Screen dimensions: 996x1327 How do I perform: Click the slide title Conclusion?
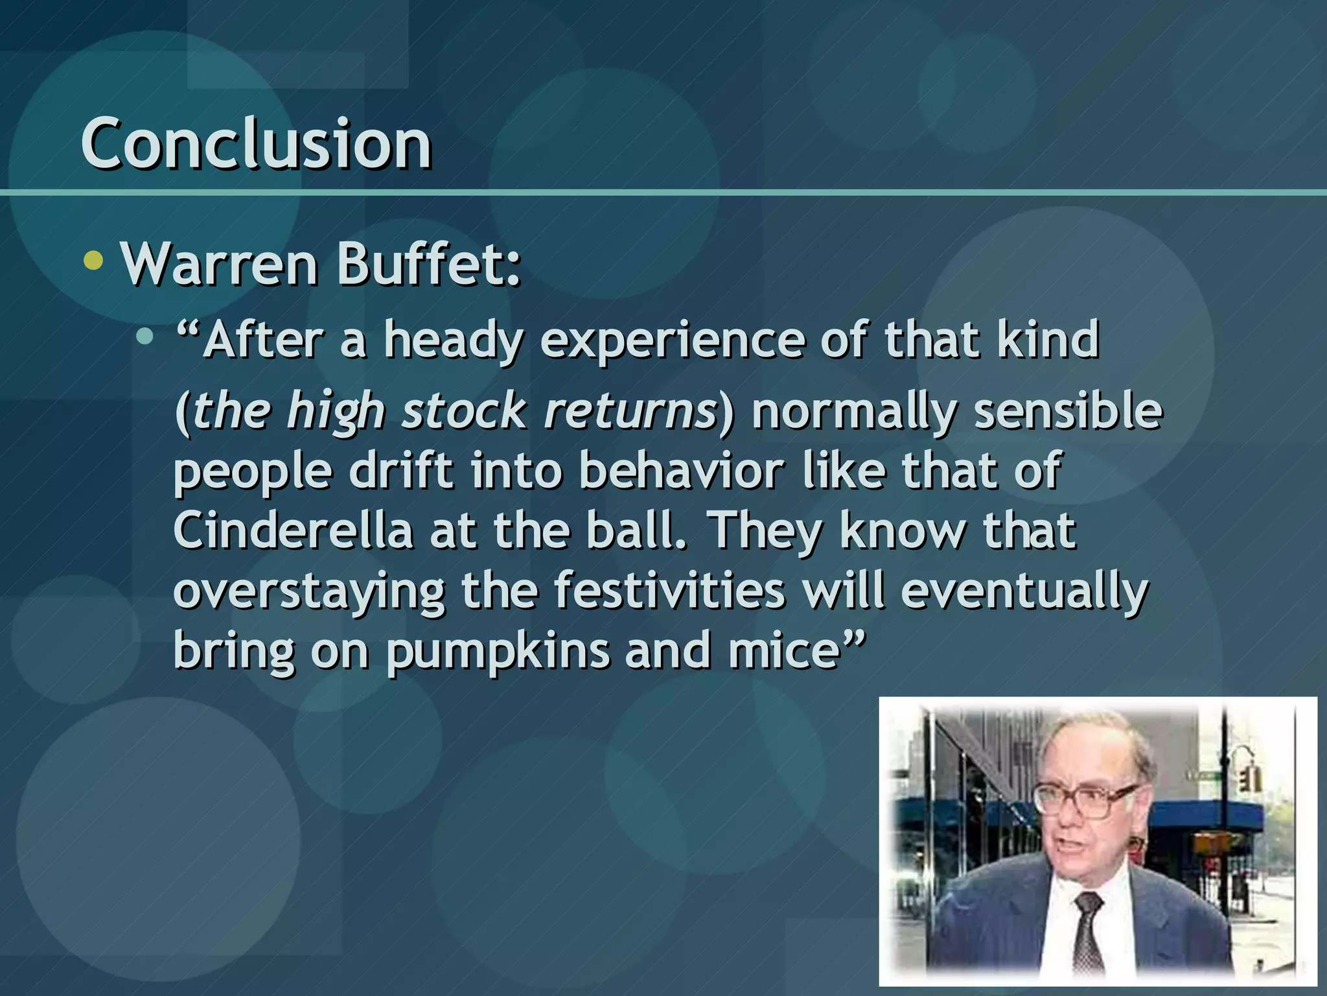[x=256, y=144]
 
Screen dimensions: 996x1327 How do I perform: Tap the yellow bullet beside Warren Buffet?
[x=94, y=261]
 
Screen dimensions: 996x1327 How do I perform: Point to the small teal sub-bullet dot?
[x=145, y=337]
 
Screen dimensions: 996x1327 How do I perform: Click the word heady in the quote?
[x=452, y=341]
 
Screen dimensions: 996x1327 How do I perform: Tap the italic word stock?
[x=464, y=411]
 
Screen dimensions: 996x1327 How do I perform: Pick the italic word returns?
[x=630, y=411]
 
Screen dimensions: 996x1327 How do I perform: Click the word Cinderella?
[x=293, y=530]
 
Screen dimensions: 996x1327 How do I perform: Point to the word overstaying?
[x=309, y=591]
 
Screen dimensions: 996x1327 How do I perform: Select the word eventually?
[x=1024, y=591]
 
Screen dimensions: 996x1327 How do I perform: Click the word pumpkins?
[x=498, y=652]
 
